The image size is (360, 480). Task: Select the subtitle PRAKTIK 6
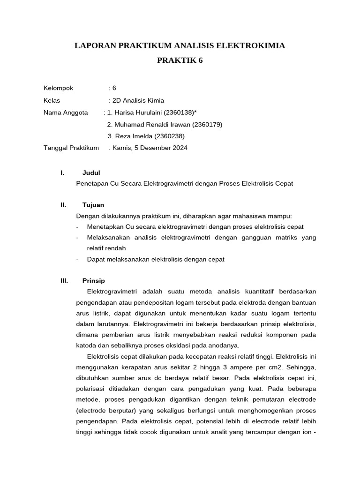click(x=180, y=61)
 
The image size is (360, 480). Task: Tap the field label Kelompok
click(x=58, y=88)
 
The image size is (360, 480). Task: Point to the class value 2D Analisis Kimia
click(x=136, y=100)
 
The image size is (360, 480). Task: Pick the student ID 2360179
click(x=207, y=125)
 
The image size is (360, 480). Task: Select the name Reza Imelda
click(x=132, y=136)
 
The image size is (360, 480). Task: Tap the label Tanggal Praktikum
click(x=71, y=148)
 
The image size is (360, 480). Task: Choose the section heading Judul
click(x=91, y=173)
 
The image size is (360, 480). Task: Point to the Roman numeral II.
click(x=63, y=205)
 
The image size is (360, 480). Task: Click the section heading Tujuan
click(x=93, y=205)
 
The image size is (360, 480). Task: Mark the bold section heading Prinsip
click(x=93, y=281)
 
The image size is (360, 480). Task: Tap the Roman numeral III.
click(x=64, y=281)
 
